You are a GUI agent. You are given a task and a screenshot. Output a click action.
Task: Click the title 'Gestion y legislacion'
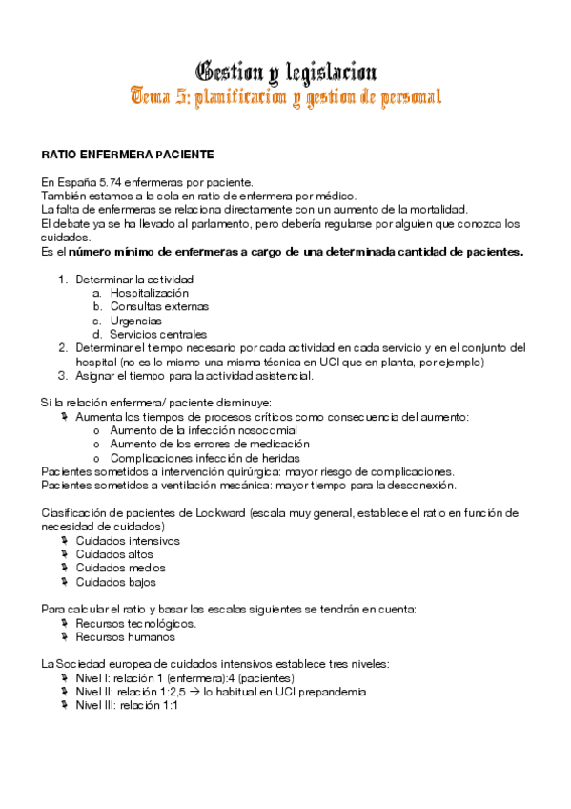pos(285,72)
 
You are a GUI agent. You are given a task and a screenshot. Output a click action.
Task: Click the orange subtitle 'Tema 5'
pos(160,97)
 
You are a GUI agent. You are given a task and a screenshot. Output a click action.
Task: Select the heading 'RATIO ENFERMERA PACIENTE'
pos(127,155)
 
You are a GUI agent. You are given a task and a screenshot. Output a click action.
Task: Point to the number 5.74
pos(112,182)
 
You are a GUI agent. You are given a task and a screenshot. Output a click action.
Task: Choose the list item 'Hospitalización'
pos(149,293)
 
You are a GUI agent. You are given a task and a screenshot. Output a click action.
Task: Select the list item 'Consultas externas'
pos(158,307)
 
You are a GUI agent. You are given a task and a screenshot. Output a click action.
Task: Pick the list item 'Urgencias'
pos(135,321)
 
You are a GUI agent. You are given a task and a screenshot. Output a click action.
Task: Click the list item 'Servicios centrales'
pos(157,335)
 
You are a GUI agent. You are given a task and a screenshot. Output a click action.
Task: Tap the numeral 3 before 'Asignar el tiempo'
pos(62,376)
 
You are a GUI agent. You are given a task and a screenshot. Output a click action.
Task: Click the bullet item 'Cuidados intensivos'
pos(128,541)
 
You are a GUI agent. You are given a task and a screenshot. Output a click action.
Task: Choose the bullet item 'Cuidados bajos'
pos(115,582)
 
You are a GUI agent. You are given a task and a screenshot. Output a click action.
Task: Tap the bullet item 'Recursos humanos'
pos(122,637)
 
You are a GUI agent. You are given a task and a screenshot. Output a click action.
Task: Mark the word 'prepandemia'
pos(332,692)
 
